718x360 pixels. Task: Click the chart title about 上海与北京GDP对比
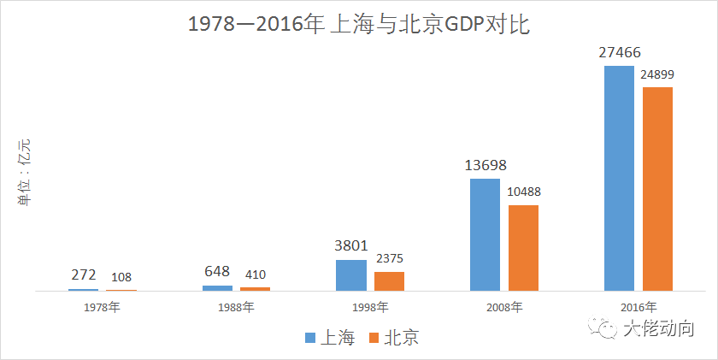pyautogui.click(x=359, y=25)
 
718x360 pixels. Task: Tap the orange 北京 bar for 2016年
pyautogui.click(x=657, y=189)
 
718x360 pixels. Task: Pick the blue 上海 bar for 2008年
pyautogui.click(x=486, y=234)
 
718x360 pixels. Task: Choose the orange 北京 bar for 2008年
pyautogui.click(x=523, y=248)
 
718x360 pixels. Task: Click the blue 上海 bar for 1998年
pyautogui.click(x=351, y=275)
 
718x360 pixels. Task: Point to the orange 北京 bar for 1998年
pyautogui.click(x=390, y=281)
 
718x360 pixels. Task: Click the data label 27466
pyautogui.click(x=621, y=53)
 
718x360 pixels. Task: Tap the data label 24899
pyautogui.click(x=657, y=74)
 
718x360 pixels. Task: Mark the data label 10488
pyautogui.click(x=522, y=192)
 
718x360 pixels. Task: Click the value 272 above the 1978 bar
pyautogui.click(x=83, y=275)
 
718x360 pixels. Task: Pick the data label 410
pyautogui.click(x=255, y=275)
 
